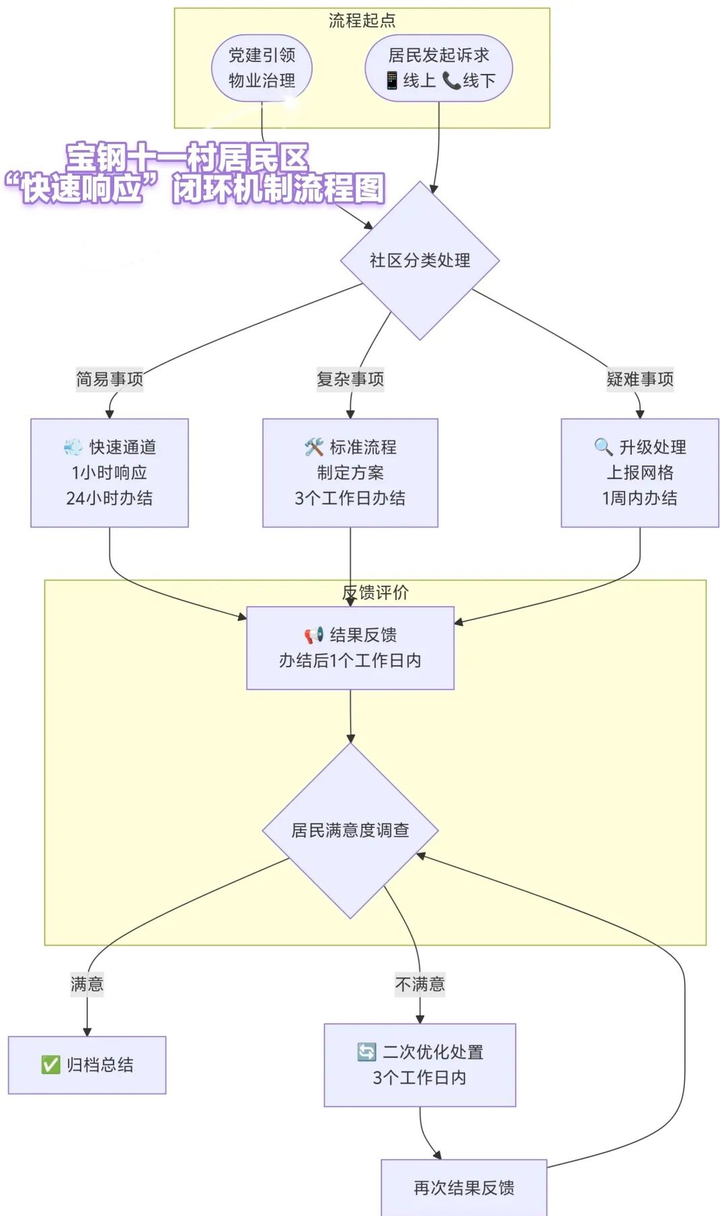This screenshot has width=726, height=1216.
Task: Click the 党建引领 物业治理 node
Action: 261,68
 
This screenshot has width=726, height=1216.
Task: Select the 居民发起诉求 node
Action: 438,68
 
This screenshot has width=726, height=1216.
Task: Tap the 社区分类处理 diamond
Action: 419,260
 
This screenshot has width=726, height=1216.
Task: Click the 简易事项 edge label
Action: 110,379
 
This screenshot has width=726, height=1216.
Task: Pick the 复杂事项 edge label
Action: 350,379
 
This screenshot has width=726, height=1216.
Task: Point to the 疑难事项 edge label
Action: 639,379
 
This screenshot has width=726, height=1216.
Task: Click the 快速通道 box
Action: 110,473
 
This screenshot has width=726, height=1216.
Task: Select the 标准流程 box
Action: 350,473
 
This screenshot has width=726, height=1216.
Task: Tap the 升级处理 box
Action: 639,473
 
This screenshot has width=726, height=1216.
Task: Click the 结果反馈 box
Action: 350,648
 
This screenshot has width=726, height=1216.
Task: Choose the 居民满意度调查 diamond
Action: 350,830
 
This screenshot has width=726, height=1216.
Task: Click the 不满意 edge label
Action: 419,985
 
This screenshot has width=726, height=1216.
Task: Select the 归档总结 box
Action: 87,1065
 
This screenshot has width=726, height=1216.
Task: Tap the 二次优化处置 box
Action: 419,1065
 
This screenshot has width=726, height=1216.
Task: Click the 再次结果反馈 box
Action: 464,1188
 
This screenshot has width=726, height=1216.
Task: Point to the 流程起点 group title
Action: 362,21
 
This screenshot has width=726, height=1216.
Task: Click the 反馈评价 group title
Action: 375,593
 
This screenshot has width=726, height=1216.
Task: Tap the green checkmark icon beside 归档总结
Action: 50,1065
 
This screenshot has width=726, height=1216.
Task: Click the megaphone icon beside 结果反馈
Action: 314,635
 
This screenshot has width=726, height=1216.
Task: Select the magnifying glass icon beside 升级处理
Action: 603,447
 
